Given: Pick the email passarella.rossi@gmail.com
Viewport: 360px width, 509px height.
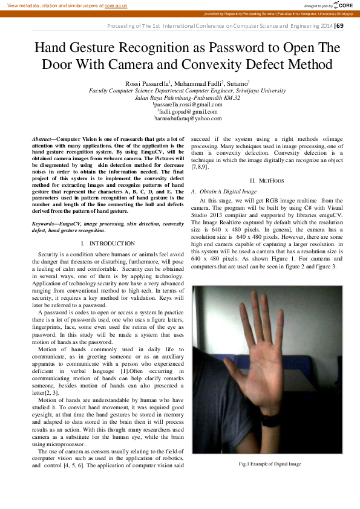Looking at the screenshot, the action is pos(180,104).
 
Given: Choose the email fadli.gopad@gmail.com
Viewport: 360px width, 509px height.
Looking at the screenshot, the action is pos(180,111).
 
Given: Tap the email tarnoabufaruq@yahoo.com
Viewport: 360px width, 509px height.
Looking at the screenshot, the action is pos(180,118).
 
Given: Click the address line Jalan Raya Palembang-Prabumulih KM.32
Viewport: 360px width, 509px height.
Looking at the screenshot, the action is pos(180,97).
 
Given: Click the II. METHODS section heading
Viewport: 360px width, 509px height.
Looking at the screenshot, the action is pos(264,181).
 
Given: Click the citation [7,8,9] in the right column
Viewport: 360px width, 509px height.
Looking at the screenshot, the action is pos(200,166).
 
